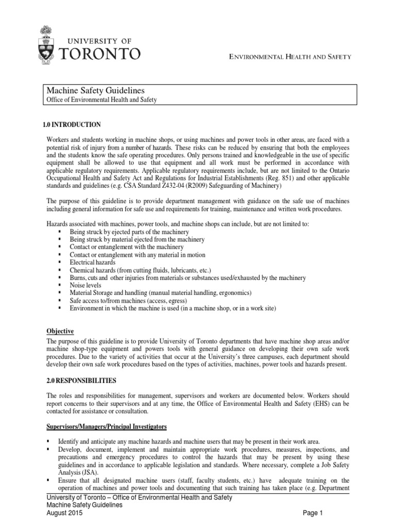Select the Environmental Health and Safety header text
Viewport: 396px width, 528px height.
click(x=290, y=57)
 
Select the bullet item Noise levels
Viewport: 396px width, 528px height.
click(x=86, y=285)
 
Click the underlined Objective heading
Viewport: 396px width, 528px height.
click(x=60, y=331)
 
